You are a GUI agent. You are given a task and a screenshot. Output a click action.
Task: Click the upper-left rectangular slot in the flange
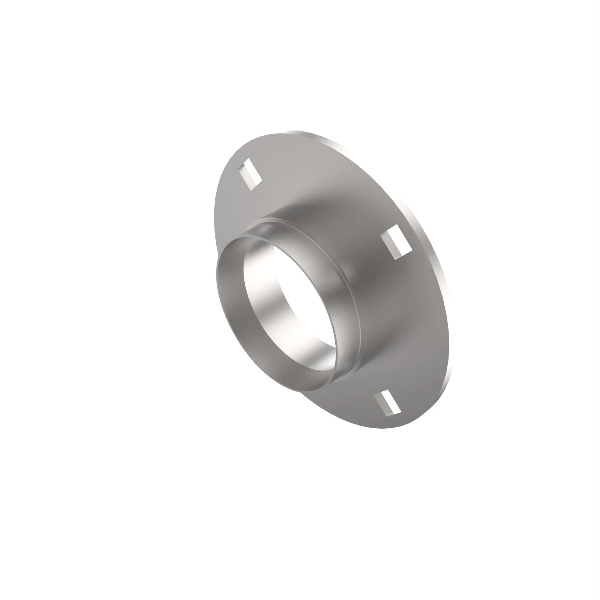(x=250, y=174)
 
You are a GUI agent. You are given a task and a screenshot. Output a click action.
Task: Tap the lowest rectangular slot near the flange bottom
(x=387, y=403)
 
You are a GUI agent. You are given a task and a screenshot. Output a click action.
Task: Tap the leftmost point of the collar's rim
(x=217, y=273)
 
